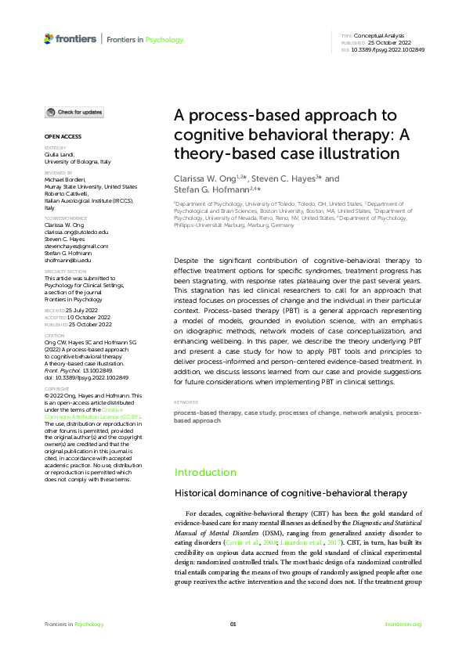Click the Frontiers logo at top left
(x=70, y=38)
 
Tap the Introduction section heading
(x=205, y=473)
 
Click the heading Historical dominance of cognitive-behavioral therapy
(x=290, y=493)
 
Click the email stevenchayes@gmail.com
(x=76, y=246)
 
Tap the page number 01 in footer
(x=233, y=624)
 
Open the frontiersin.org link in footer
(x=403, y=624)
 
